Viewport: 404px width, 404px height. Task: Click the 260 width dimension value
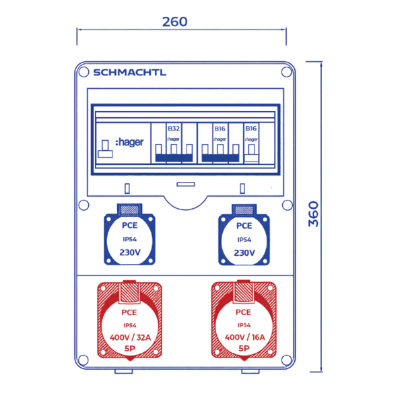(x=175, y=22)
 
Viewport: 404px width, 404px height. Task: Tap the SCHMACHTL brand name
(x=129, y=73)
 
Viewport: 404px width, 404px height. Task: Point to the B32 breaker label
(x=173, y=128)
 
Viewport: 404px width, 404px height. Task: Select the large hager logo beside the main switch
(x=129, y=143)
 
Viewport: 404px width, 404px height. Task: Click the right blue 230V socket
(x=244, y=236)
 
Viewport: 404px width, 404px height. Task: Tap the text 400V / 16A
(x=244, y=337)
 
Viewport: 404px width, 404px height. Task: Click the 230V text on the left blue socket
(x=130, y=253)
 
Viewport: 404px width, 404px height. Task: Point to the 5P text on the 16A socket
(x=244, y=348)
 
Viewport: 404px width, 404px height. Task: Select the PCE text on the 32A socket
(x=129, y=312)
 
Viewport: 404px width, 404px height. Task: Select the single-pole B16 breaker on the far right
(x=251, y=145)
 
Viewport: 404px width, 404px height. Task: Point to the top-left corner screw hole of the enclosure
(x=83, y=71)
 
